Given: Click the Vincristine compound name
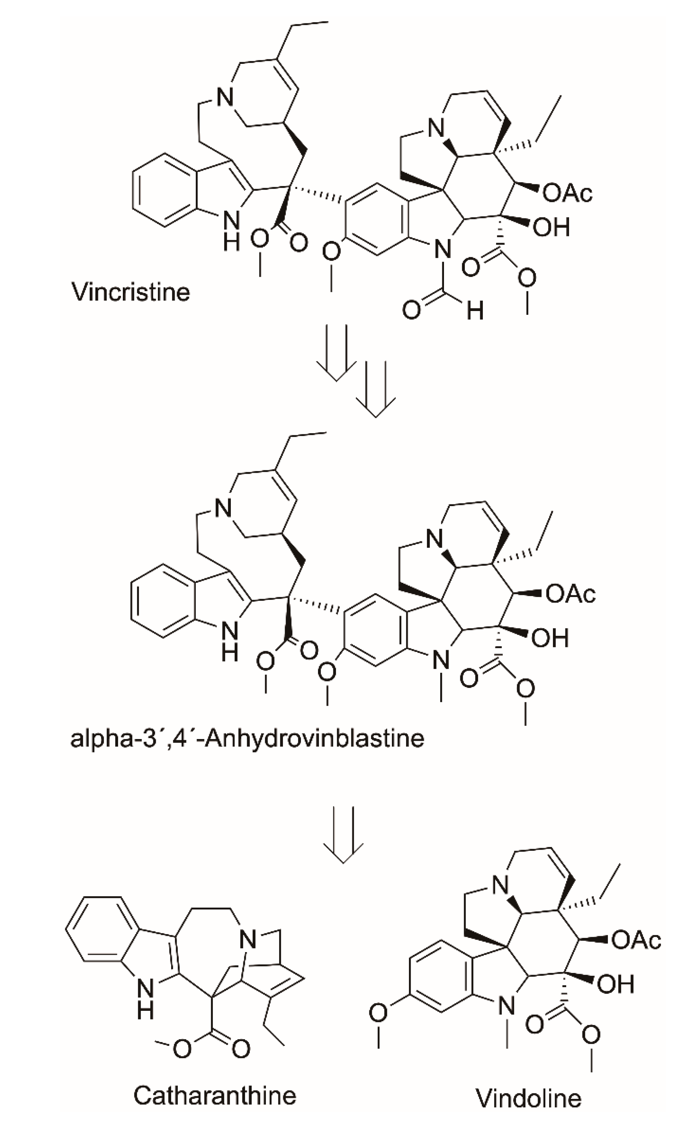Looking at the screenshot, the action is tap(131, 292).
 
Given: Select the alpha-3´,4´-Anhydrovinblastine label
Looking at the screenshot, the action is tap(247, 738).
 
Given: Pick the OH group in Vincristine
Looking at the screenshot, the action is tap(551, 227).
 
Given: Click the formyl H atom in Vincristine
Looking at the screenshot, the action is tap(475, 311).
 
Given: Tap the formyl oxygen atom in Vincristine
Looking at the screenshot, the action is tap(411, 310).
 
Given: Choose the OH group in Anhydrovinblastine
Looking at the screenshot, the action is tap(550, 638).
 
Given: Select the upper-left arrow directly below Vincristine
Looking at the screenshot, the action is tap(336, 352).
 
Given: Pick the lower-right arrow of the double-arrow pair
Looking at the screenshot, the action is tap(376, 389).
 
